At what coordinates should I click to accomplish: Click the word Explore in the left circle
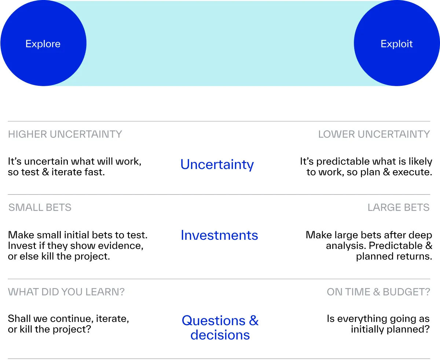point(43,44)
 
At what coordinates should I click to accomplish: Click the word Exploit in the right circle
point(396,44)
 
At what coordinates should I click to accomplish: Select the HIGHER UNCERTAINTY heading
point(65,134)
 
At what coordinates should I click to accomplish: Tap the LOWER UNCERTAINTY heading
point(374,134)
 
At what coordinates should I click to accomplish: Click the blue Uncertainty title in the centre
point(217,165)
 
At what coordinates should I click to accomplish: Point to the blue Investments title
point(219,235)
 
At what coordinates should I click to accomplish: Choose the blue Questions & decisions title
point(220,327)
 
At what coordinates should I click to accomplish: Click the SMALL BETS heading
point(40,207)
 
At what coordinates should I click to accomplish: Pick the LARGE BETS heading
point(398,207)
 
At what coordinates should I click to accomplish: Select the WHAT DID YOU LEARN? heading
point(66,292)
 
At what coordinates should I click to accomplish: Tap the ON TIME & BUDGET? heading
point(378,292)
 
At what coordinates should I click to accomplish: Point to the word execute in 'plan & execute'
point(412,172)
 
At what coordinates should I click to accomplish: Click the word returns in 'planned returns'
point(413,256)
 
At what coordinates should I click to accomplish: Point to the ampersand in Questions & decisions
point(254,320)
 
